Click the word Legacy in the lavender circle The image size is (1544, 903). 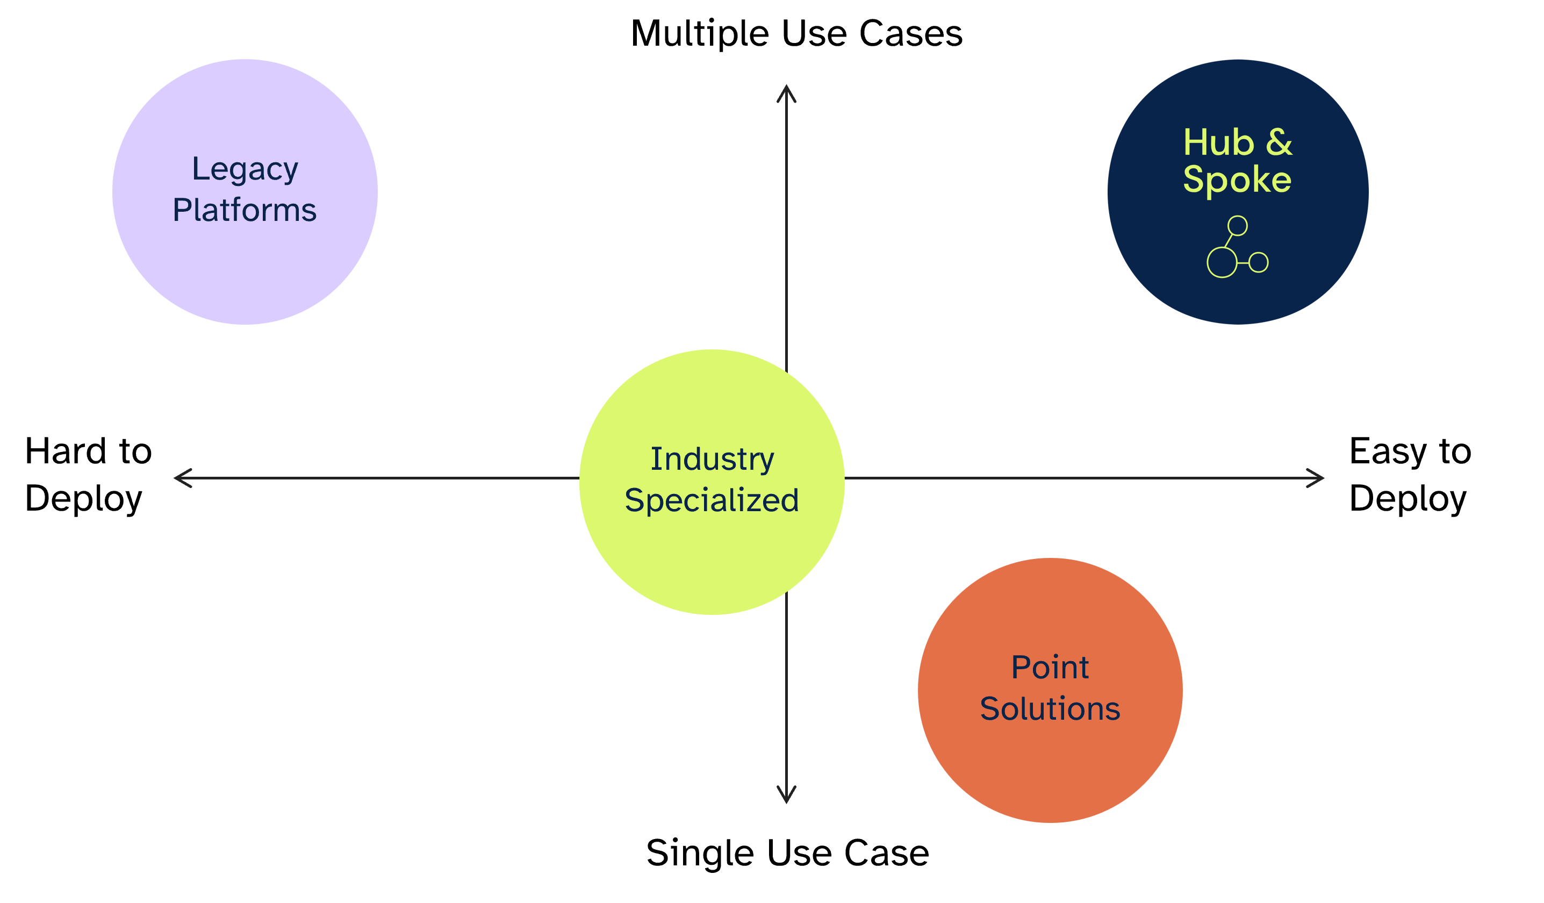coord(245,169)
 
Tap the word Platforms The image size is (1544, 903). coord(245,210)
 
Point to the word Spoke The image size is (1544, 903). coord(1237,180)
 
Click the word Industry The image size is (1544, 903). coord(712,459)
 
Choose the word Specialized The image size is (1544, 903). coord(712,500)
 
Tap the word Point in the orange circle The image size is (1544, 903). coord(1050,667)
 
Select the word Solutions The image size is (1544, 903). coord(1050,709)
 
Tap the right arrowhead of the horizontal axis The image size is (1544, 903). coord(1317,478)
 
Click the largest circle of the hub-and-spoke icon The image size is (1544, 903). coord(1222,262)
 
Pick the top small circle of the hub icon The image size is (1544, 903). coord(1238,225)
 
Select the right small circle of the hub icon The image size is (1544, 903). coord(1259,262)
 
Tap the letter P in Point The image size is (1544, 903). coord(1019,667)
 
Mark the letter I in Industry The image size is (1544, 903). coord(653,459)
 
